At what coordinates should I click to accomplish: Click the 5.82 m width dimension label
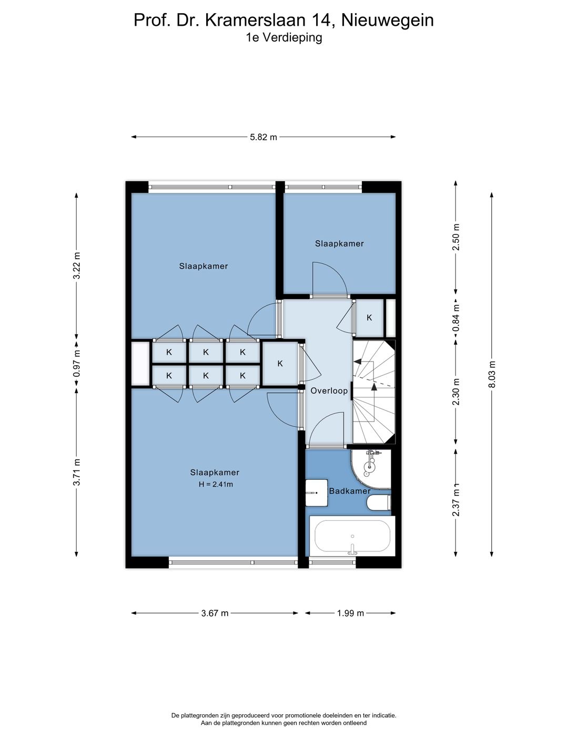click(x=263, y=137)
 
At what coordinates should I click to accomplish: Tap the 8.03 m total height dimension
click(x=492, y=374)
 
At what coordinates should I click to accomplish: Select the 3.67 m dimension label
click(x=215, y=613)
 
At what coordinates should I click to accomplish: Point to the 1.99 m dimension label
click(x=350, y=613)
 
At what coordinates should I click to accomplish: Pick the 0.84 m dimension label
click(x=456, y=318)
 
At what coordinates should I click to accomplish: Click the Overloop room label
click(x=329, y=391)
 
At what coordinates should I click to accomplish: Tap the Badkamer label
click(x=350, y=491)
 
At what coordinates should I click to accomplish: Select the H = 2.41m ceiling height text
click(x=216, y=485)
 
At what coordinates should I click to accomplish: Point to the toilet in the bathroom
click(x=379, y=502)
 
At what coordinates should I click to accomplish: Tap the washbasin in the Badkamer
click(x=317, y=492)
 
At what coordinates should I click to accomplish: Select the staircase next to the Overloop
click(x=373, y=392)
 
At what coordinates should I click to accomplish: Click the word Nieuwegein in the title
click(x=388, y=20)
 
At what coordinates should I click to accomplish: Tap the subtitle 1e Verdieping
click(x=284, y=38)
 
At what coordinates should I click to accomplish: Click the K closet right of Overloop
click(x=369, y=318)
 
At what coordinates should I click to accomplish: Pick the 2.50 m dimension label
click(x=456, y=237)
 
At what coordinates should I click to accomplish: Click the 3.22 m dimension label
click(x=77, y=266)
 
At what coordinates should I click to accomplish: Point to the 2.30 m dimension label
click(x=456, y=392)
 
